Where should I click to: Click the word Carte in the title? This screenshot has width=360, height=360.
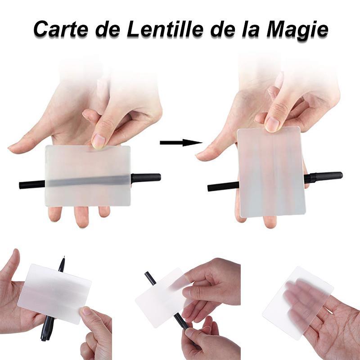[61, 29]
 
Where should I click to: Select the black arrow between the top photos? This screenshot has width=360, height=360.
[181, 143]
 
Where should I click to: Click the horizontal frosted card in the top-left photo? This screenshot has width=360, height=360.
[88, 175]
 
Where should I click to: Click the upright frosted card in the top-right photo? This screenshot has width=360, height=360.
[271, 172]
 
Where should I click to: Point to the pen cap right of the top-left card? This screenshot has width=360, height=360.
[146, 178]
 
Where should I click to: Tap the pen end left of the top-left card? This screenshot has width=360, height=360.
[32, 184]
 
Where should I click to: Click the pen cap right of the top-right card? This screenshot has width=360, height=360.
[323, 177]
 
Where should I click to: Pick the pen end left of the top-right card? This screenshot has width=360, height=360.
[223, 186]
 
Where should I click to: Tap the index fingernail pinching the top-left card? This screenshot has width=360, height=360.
[99, 140]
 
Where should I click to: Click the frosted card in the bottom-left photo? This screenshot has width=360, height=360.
[58, 294]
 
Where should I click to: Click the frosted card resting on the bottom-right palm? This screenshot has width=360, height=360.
[298, 302]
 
